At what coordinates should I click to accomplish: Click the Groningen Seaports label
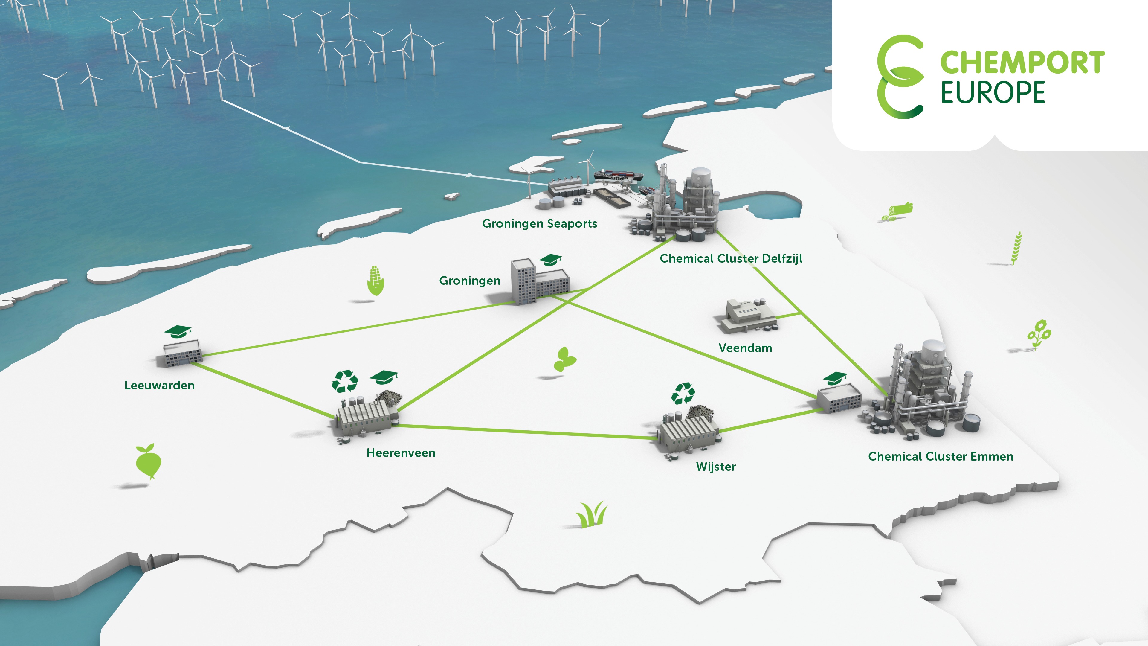click(x=539, y=224)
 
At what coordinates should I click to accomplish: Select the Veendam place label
click(x=745, y=348)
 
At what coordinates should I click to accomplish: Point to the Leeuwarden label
click(x=159, y=386)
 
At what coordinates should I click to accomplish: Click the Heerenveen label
click(x=401, y=453)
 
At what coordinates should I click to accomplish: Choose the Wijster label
click(x=716, y=467)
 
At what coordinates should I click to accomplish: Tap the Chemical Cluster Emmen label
click(x=940, y=456)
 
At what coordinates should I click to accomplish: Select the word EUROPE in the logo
click(x=993, y=93)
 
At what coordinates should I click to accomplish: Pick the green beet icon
click(x=148, y=461)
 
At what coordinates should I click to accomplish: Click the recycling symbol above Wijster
click(x=683, y=393)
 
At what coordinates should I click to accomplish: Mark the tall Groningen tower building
click(x=522, y=281)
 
